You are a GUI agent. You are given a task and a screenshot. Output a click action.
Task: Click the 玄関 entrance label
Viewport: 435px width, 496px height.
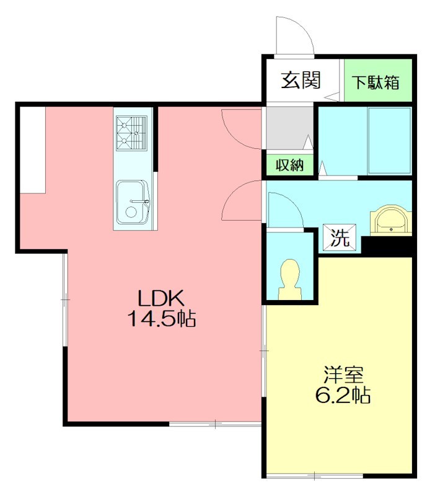[301, 81]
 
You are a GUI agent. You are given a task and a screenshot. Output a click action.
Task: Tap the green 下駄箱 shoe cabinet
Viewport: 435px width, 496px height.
[378, 81]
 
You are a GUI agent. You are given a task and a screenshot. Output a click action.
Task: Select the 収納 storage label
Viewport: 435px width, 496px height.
[289, 165]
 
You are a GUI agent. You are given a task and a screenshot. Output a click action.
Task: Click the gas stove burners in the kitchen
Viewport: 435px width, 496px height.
[131, 133]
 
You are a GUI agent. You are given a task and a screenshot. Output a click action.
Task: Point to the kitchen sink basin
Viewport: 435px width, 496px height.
[133, 202]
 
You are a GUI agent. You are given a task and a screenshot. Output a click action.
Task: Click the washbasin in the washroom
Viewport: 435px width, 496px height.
[391, 220]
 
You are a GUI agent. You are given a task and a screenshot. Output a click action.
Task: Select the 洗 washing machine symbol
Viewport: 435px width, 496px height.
[340, 237]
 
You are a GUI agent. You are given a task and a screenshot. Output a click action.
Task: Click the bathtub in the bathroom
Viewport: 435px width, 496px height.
[390, 141]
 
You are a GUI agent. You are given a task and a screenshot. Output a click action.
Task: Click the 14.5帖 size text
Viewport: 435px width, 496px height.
[162, 318]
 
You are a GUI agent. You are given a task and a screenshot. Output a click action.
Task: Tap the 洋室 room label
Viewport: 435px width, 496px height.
[343, 376]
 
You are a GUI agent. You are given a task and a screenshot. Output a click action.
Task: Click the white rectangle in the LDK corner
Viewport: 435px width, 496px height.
[33, 149]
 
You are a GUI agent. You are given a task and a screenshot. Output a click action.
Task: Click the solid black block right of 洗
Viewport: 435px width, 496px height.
[387, 246]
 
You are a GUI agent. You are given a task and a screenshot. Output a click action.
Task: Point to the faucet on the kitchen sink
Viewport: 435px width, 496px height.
[139, 201]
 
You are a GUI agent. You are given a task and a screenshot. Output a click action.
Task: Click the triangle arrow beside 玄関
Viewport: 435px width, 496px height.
[332, 97]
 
